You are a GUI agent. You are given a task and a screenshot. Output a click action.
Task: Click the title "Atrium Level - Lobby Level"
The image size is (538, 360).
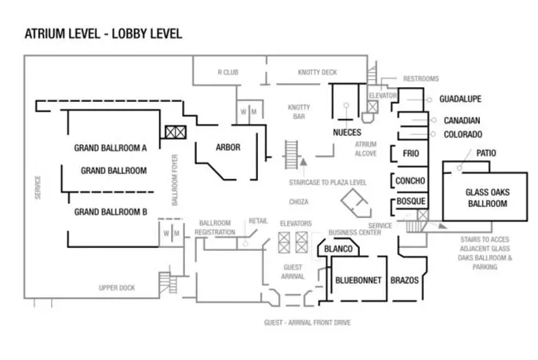[104, 34]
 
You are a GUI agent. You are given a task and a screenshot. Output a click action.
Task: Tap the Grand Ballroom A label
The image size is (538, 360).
[111, 148]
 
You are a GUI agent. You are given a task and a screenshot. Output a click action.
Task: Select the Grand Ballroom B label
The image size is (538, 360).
[111, 212]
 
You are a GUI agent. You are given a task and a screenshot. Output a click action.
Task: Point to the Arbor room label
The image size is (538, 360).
[228, 147]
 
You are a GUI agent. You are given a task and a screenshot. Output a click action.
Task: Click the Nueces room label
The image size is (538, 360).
[347, 133]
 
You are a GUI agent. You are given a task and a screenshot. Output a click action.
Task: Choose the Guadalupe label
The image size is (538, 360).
[460, 99]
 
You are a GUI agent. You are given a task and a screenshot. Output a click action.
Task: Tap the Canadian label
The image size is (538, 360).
[462, 121]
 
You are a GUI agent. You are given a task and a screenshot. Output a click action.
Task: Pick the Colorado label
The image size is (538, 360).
[463, 135]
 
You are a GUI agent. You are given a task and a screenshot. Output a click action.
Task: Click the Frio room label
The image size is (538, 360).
[411, 153]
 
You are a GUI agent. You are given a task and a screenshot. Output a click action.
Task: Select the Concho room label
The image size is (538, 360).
[410, 180]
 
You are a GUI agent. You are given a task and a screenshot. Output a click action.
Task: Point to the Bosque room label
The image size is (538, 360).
[411, 201]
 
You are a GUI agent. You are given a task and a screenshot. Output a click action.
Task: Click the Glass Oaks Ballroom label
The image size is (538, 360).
[488, 198]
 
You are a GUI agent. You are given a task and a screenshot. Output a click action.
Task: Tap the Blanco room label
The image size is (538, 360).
[338, 249]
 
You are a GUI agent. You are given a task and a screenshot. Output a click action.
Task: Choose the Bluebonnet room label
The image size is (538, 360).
[358, 280]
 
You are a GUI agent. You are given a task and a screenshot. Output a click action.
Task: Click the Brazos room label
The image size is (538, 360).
[405, 280]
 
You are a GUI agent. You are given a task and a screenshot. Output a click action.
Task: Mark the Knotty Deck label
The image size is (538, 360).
[318, 72]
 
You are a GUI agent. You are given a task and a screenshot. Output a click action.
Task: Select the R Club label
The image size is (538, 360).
[227, 72]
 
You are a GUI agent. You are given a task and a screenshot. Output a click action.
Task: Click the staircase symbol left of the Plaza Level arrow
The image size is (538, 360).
[291, 155]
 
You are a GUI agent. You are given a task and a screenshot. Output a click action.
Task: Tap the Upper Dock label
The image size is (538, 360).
[117, 288]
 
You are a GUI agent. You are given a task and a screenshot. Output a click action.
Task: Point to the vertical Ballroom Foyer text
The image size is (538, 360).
[175, 180]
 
